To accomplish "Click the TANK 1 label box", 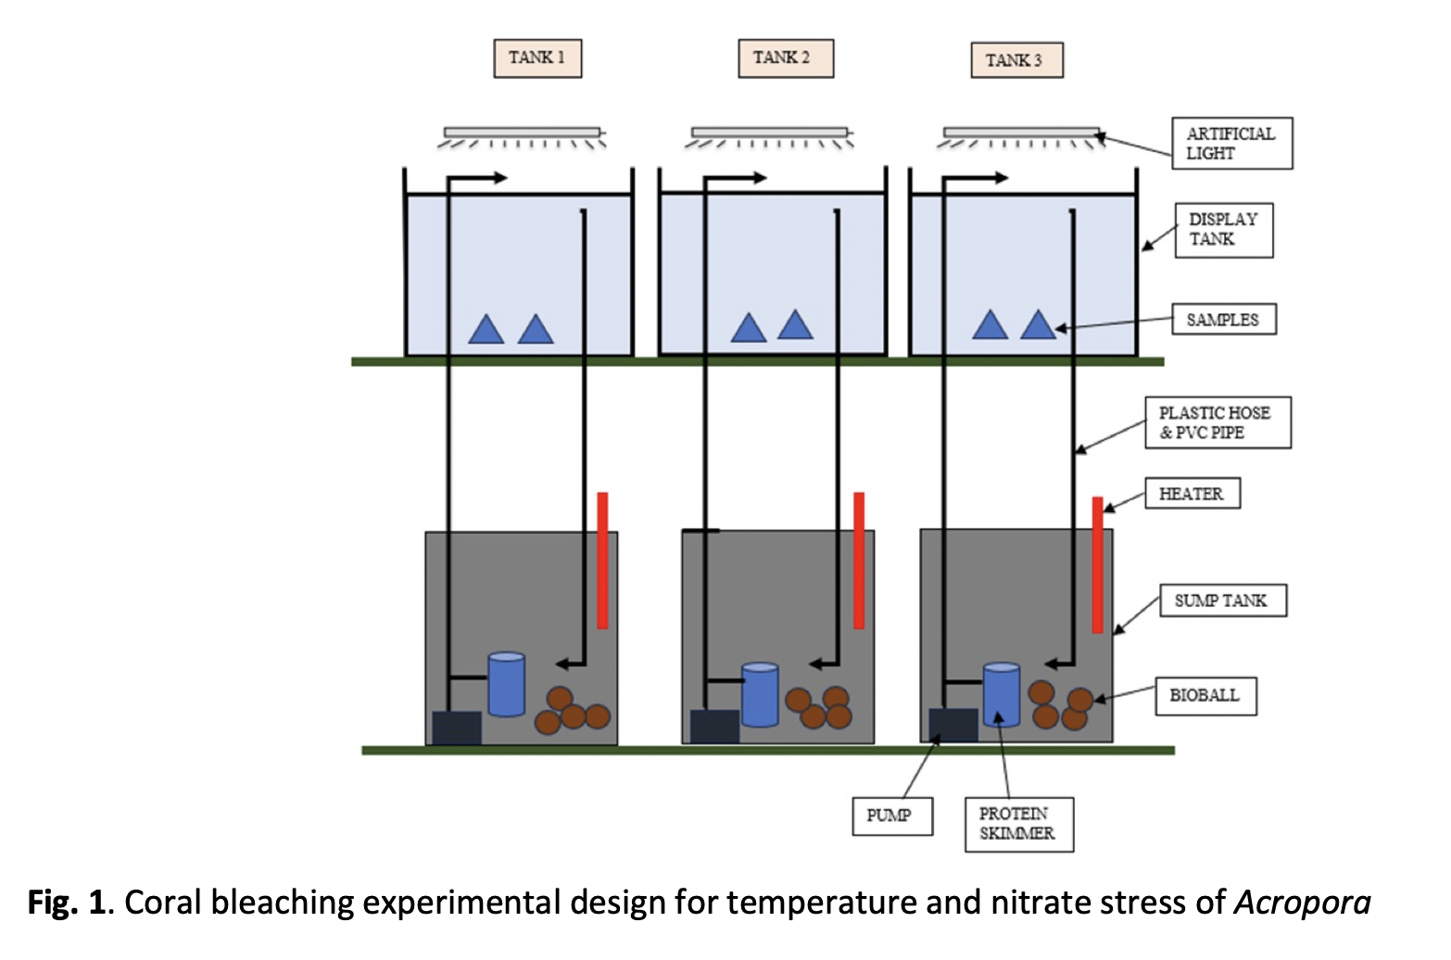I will pyautogui.click(x=537, y=58).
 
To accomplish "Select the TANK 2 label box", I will pyautogui.click(x=786, y=58).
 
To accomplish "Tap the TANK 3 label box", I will pyautogui.click(x=1016, y=61).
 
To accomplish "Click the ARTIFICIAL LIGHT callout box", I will pyautogui.click(x=1231, y=144).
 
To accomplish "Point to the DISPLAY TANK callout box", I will pyautogui.click(x=1223, y=230).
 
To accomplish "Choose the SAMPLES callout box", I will pyautogui.click(x=1223, y=320).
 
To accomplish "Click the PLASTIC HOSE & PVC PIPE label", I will pyautogui.click(x=1218, y=423).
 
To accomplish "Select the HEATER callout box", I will pyautogui.click(x=1192, y=494).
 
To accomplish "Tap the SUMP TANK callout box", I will pyautogui.click(x=1222, y=600).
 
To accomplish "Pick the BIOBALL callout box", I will pyautogui.click(x=1205, y=696).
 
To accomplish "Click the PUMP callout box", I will pyautogui.click(x=891, y=816).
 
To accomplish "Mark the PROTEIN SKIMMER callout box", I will pyautogui.click(x=1018, y=824).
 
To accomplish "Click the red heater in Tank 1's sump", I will pyautogui.click(x=602, y=561).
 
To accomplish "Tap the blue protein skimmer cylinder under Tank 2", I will pyautogui.click(x=760, y=695).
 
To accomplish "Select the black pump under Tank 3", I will pyautogui.click(x=953, y=726).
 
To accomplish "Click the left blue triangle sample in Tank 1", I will pyautogui.click(x=486, y=331).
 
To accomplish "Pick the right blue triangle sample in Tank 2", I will pyautogui.click(x=795, y=326).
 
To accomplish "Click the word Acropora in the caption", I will pyautogui.click(x=1302, y=903).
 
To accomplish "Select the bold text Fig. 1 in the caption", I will pyautogui.click(x=67, y=903).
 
